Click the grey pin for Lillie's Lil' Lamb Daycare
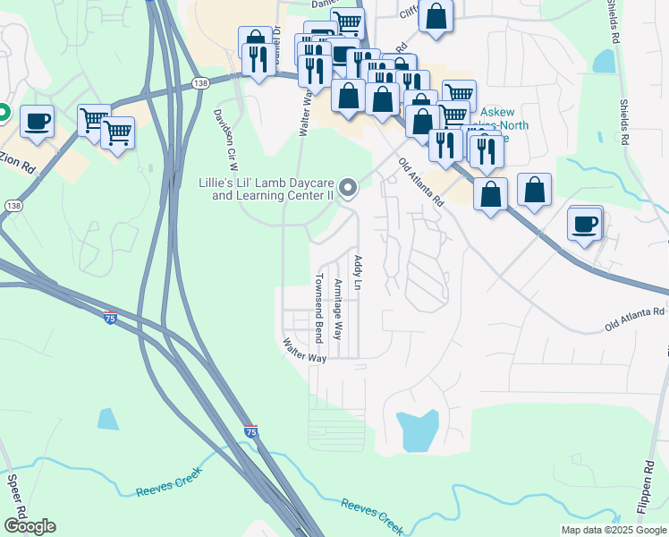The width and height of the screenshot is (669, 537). [x=348, y=188]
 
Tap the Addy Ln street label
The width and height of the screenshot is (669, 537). [x=357, y=272]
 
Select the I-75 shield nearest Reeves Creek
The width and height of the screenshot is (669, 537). [x=250, y=431]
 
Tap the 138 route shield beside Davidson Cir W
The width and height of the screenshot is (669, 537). [x=200, y=81]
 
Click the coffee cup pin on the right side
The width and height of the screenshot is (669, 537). [x=586, y=224]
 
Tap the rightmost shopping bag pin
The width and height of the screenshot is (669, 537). [x=534, y=190]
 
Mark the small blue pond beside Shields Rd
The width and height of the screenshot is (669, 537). [x=605, y=61]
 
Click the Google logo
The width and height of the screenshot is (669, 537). [x=30, y=526]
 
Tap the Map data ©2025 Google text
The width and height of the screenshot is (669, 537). [x=613, y=530]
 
